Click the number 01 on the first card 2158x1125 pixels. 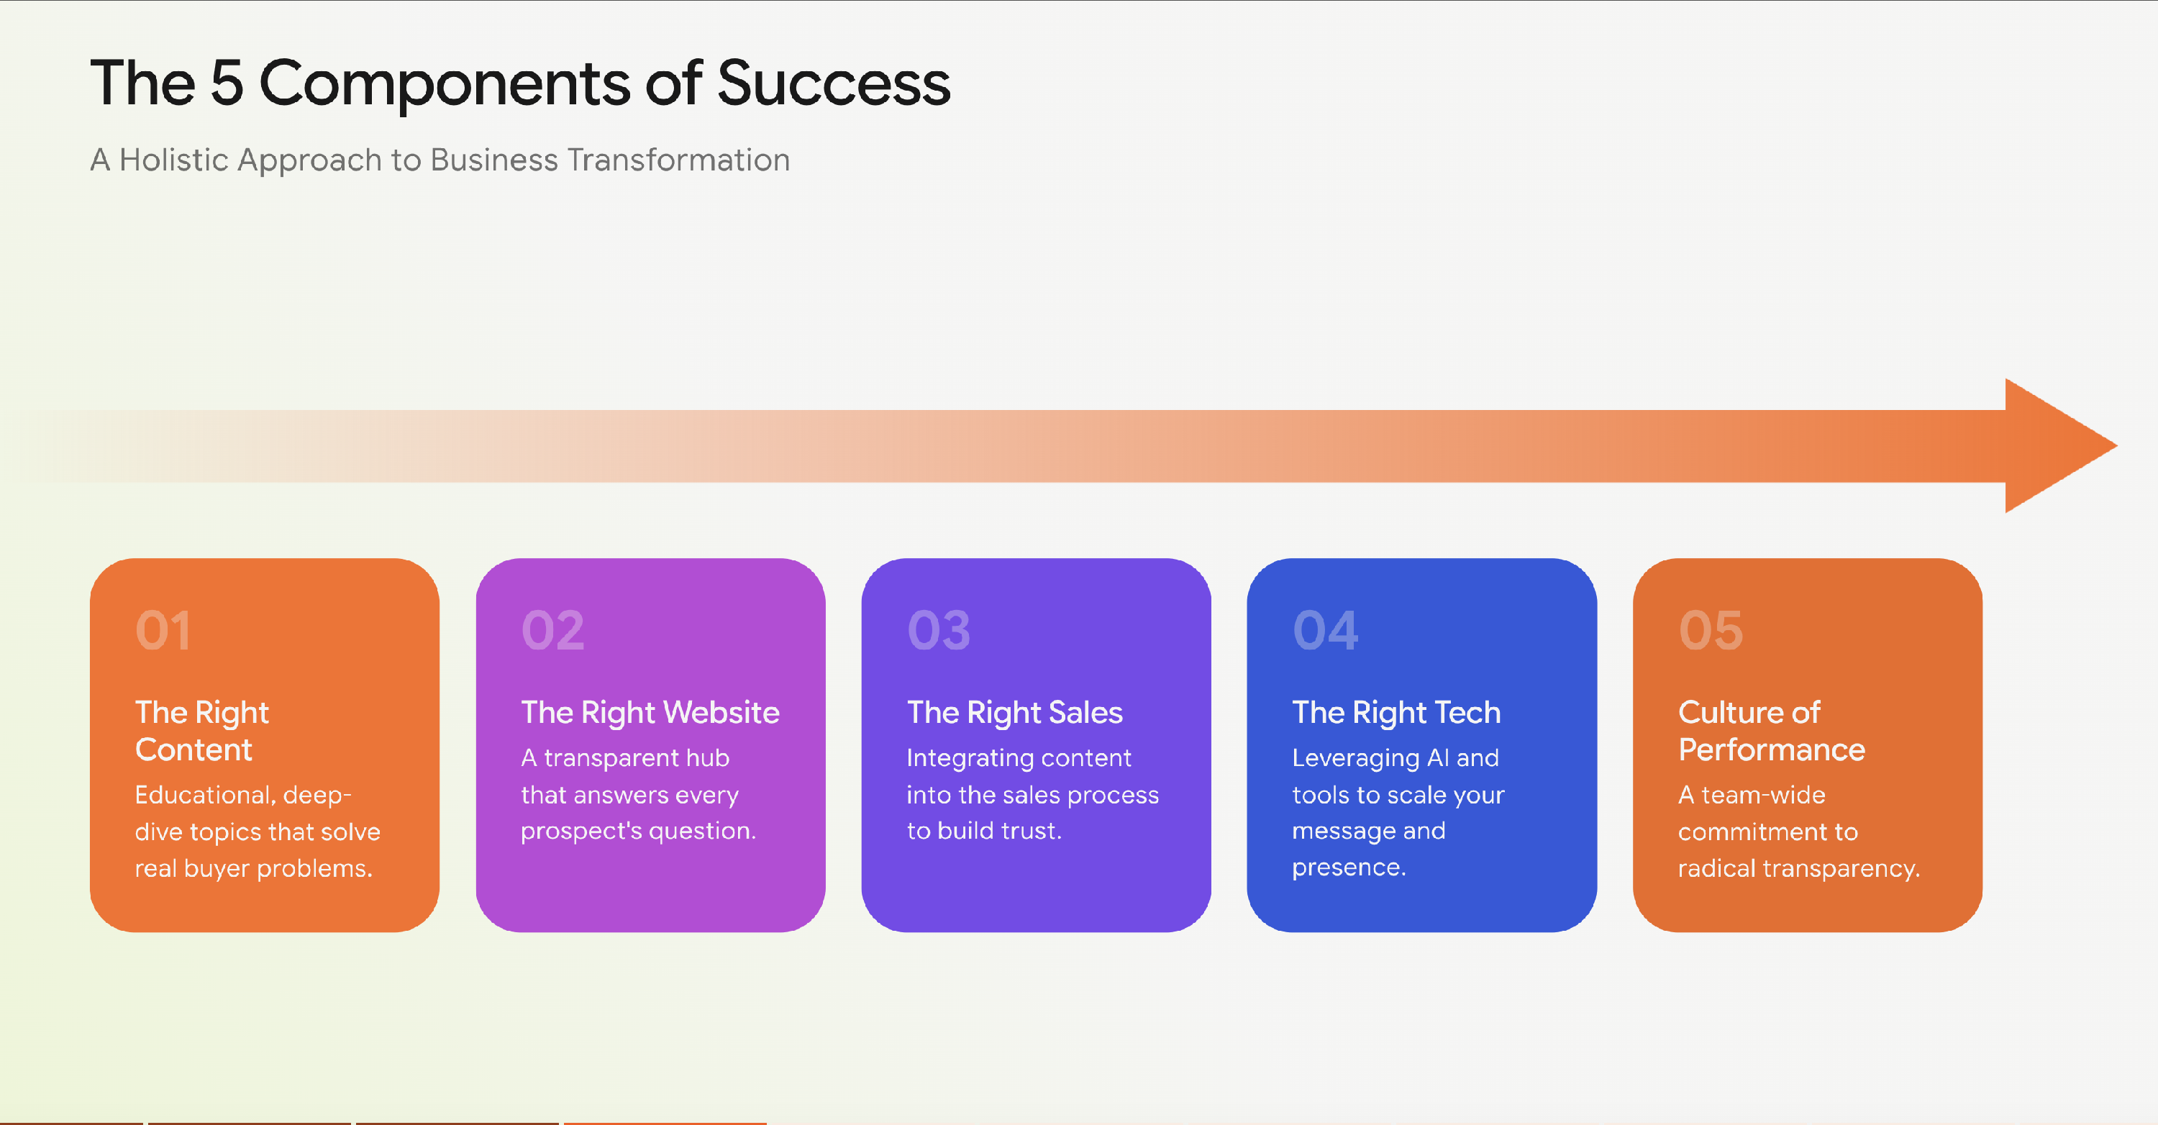coord(163,630)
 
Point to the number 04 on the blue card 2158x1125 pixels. coord(1325,630)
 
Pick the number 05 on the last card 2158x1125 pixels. coord(1711,630)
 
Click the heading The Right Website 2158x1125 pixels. coord(650,713)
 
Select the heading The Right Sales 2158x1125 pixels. coord(1014,713)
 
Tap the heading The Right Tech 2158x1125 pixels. coord(1396,713)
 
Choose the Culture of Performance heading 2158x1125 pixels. coord(1772,730)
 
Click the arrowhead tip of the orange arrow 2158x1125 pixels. coord(2116,446)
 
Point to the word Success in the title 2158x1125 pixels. coord(834,83)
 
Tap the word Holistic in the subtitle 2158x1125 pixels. coord(173,159)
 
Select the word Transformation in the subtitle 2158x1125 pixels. coord(678,159)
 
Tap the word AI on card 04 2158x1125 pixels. coord(1437,758)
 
